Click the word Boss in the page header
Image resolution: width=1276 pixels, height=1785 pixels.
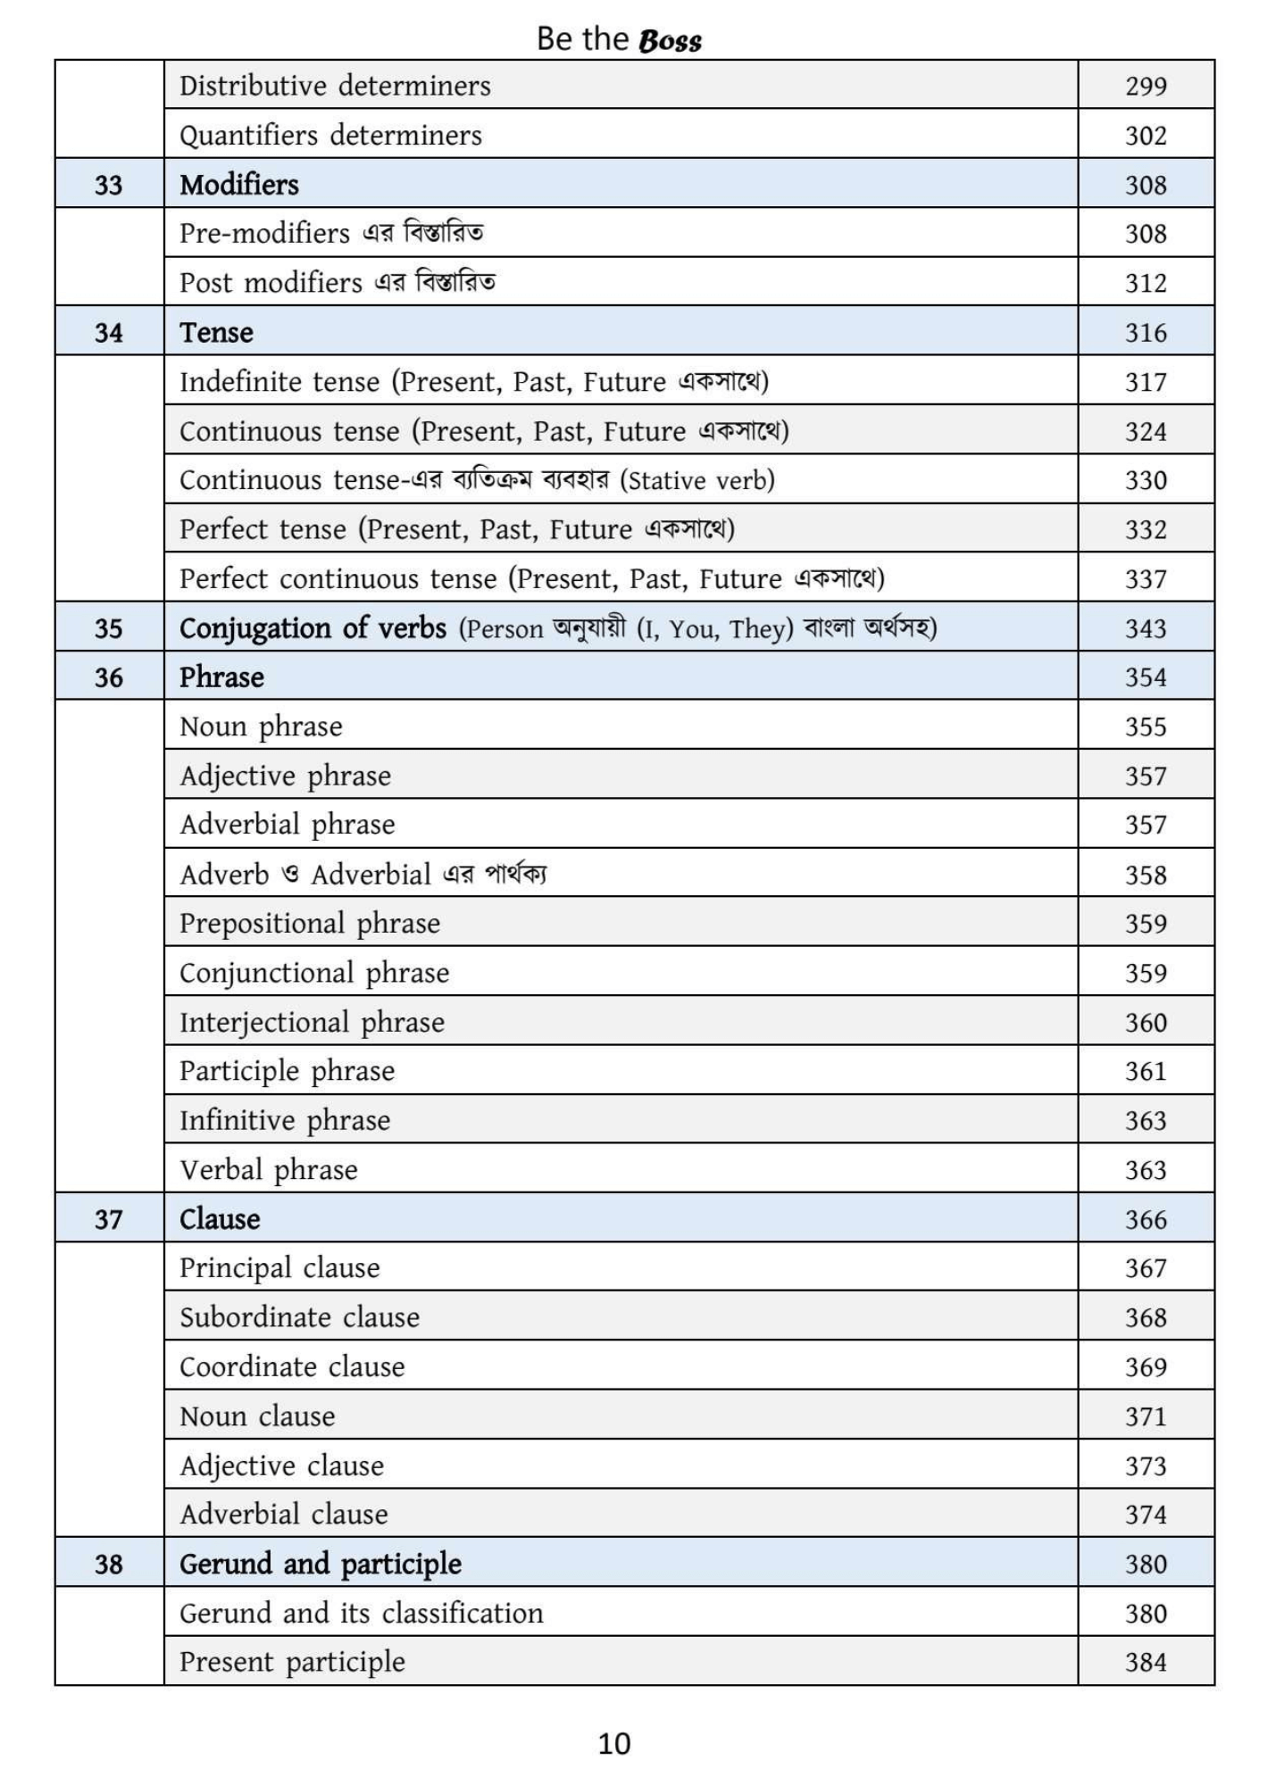(671, 40)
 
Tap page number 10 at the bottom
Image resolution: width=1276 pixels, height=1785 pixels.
(614, 1743)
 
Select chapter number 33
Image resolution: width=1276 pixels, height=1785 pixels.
(108, 185)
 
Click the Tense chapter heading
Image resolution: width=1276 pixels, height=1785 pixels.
(216, 332)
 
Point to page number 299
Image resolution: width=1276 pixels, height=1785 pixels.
(1146, 87)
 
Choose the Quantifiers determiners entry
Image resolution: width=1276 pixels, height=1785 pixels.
(330, 136)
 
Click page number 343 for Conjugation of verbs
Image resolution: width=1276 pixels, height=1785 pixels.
(1146, 628)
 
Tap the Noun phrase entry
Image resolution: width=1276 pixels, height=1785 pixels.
(261, 726)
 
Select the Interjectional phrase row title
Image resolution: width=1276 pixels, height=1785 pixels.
(312, 1022)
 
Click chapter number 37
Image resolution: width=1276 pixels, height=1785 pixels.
(108, 1219)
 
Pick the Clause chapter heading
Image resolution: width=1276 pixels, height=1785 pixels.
(220, 1219)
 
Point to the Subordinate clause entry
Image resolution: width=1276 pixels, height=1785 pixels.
(299, 1317)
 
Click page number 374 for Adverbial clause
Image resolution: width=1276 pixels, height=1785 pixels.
(1146, 1515)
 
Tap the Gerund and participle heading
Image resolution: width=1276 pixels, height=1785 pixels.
(321, 1564)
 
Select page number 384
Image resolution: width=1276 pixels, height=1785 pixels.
(1146, 1662)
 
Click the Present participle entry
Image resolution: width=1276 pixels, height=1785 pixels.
(292, 1662)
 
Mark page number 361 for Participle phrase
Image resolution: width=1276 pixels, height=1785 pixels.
(1146, 1071)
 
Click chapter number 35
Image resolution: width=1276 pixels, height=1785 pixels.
(108, 628)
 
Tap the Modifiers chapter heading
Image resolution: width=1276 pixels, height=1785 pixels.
(239, 185)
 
